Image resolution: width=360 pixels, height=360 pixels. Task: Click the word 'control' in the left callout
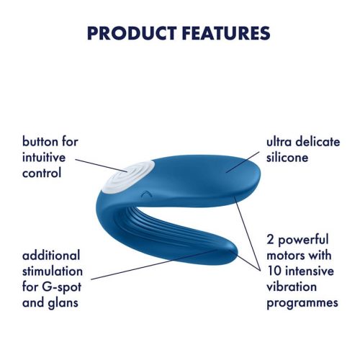pyautogui.click(x=42, y=174)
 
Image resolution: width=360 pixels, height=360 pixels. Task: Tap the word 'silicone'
pyautogui.click(x=289, y=158)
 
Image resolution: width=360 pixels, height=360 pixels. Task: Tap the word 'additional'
pyautogui.click(x=52, y=256)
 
